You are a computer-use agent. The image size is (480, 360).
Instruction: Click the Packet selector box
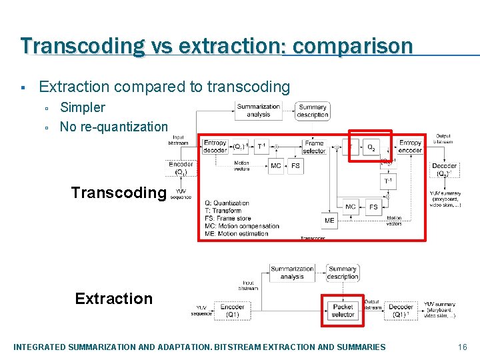343,310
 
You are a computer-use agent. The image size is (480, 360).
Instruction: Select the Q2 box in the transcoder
370,146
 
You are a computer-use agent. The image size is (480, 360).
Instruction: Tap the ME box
329,221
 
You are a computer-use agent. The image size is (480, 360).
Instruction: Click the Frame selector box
314,147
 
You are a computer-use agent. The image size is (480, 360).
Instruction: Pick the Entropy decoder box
215,147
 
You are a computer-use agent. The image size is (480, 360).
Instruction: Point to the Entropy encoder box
410,147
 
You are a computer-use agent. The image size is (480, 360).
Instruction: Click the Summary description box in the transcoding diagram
313,111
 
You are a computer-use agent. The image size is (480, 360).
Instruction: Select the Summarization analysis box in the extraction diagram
292,273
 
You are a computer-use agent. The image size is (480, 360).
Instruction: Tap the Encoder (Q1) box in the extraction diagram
232,310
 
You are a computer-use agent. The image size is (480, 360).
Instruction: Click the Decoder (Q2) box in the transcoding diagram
444,169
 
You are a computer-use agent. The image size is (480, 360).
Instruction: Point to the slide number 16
463,347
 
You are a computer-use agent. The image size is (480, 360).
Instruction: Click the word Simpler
83,107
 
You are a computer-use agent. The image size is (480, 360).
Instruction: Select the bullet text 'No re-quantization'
114,127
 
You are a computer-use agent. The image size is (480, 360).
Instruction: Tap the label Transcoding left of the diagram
119,193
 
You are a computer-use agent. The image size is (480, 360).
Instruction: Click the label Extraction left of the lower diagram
114,299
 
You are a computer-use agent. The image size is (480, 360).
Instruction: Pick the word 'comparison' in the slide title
353,46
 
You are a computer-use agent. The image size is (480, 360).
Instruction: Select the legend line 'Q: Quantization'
227,203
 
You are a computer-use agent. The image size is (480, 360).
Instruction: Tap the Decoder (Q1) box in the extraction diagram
401,310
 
